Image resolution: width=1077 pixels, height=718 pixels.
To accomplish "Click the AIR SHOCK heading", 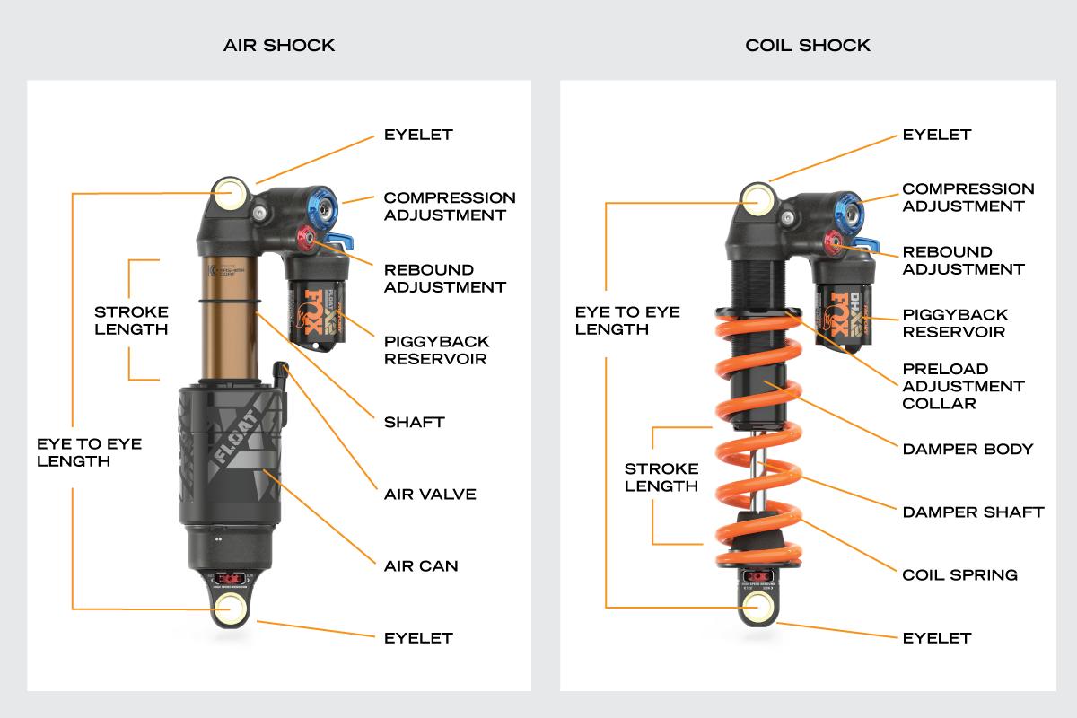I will click(x=279, y=45).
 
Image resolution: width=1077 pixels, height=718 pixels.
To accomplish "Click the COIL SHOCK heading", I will click(x=808, y=45).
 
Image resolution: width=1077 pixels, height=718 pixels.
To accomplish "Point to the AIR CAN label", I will click(x=421, y=565).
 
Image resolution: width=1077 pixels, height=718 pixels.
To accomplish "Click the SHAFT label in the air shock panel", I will click(x=414, y=422).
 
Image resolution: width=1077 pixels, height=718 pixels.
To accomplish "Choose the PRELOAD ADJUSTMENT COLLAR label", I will click(x=963, y=386).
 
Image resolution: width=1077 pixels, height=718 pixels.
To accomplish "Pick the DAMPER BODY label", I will click(x=968, y=449).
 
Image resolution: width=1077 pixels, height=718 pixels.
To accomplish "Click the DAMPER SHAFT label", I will click(x=973, y=512).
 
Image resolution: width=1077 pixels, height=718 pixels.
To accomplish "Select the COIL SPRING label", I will click(x=959, y=574).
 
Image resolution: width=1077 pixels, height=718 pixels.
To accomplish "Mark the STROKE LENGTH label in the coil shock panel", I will click(x=661, y=477).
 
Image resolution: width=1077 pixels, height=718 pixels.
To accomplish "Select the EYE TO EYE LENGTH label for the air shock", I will click(x=89, y=452).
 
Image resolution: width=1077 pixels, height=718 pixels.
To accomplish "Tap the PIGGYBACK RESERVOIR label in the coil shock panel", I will click(x=955, y=323).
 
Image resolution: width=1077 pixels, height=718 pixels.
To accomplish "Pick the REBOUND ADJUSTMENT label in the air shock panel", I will click(x=444, y=278).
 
